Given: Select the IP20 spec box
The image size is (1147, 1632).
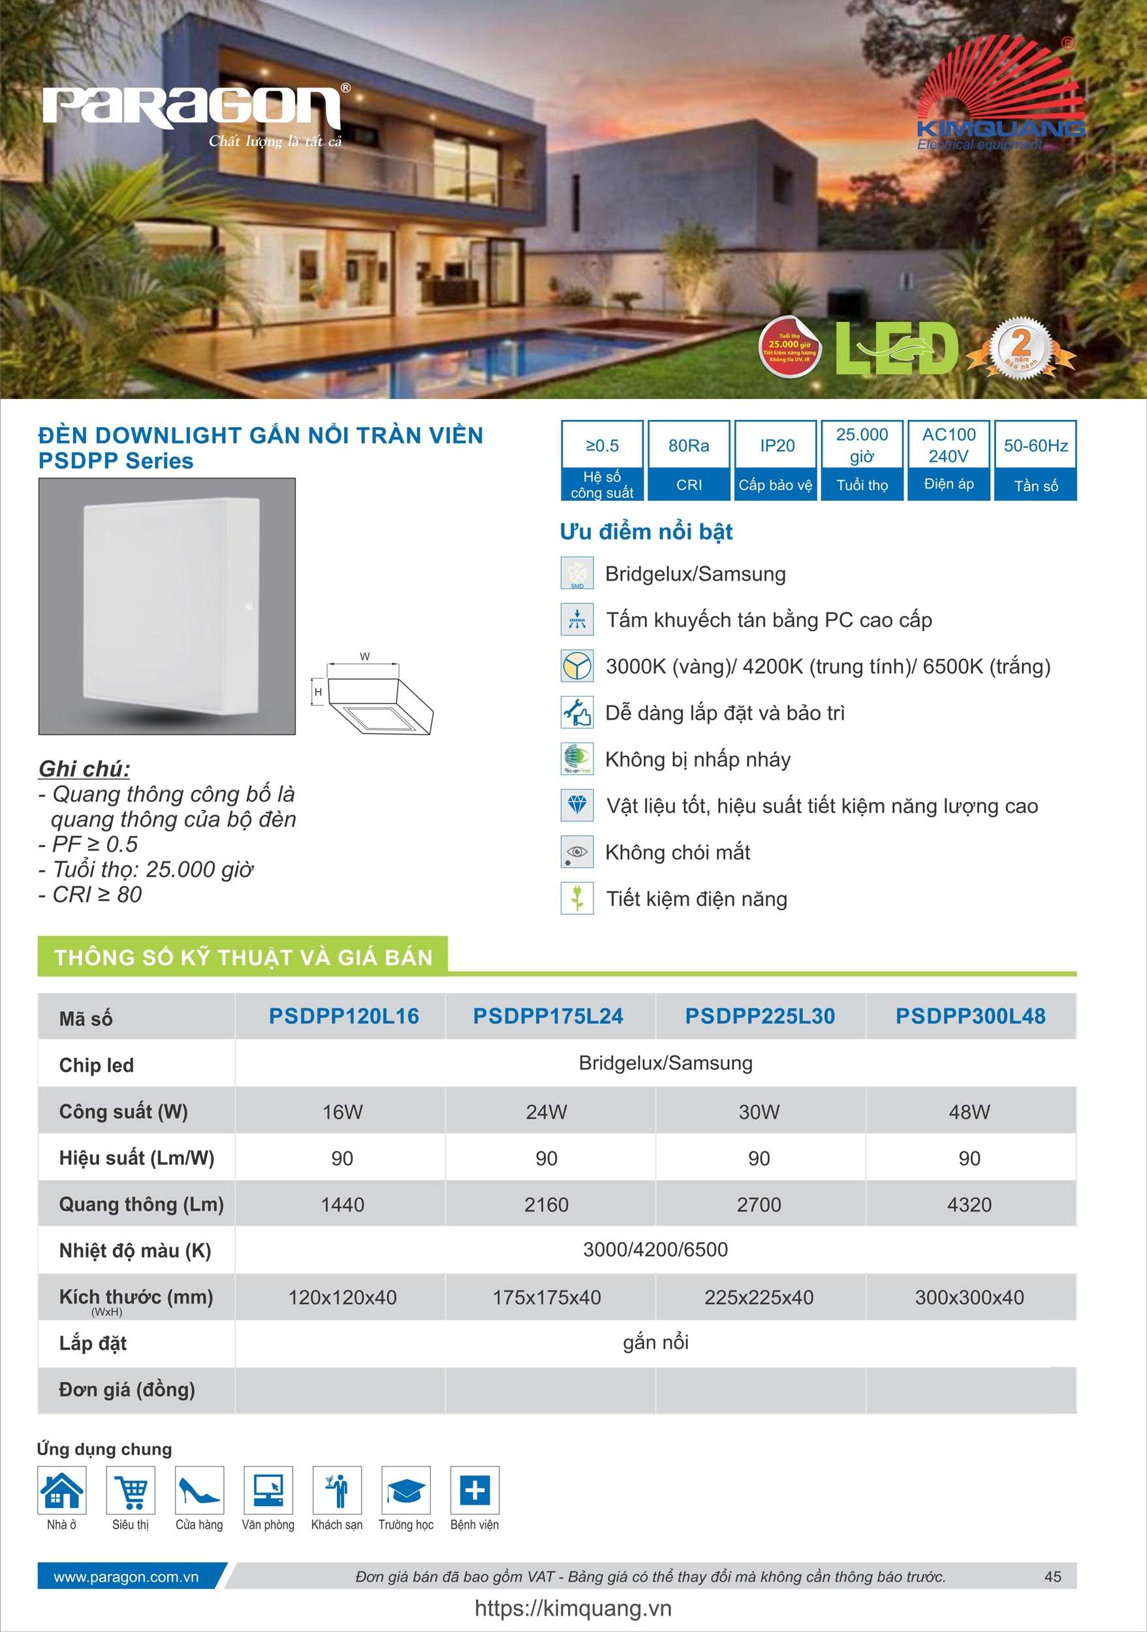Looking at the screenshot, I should click(x=776, y=460).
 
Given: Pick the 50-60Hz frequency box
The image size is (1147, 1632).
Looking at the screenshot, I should click(x=1035, y=460).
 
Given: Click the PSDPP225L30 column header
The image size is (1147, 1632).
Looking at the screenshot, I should click(x=760, y=1016).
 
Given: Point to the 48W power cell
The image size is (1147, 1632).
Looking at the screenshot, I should click(x=969, y=1112).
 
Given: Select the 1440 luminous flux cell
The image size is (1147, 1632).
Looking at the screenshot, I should click(x=342, y=1205).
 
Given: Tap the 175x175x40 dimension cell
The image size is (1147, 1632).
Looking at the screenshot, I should click(x=546, y=1297).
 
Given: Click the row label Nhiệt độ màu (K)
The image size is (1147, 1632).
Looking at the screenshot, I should click(x=135, y=1251).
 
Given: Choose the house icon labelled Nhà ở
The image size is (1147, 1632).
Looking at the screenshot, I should click(x=62, y=1490).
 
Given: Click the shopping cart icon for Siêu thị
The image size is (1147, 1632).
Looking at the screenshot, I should click(x=131, y=1490).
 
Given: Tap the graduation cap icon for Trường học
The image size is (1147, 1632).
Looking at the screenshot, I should click(x=406, y=1490).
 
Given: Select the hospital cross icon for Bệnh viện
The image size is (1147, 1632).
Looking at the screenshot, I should click(x=475, y=1490).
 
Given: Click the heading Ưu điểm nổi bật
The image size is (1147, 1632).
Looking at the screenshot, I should click(x=646, y=532).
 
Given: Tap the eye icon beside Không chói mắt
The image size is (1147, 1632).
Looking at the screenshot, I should click(x=577, y=852).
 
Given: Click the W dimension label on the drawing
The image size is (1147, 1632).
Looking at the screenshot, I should click(x=364, y=656).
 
